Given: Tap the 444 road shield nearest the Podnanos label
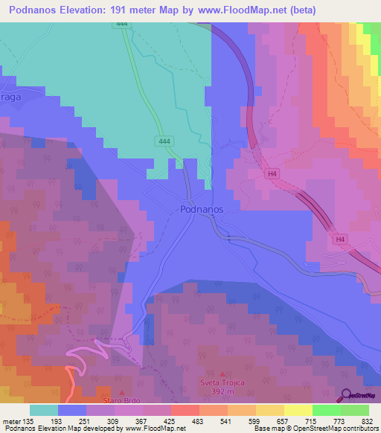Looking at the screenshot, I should coord(164,141).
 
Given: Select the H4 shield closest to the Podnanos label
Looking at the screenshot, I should coord(274,174).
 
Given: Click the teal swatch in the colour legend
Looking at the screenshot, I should coord(44,411).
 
